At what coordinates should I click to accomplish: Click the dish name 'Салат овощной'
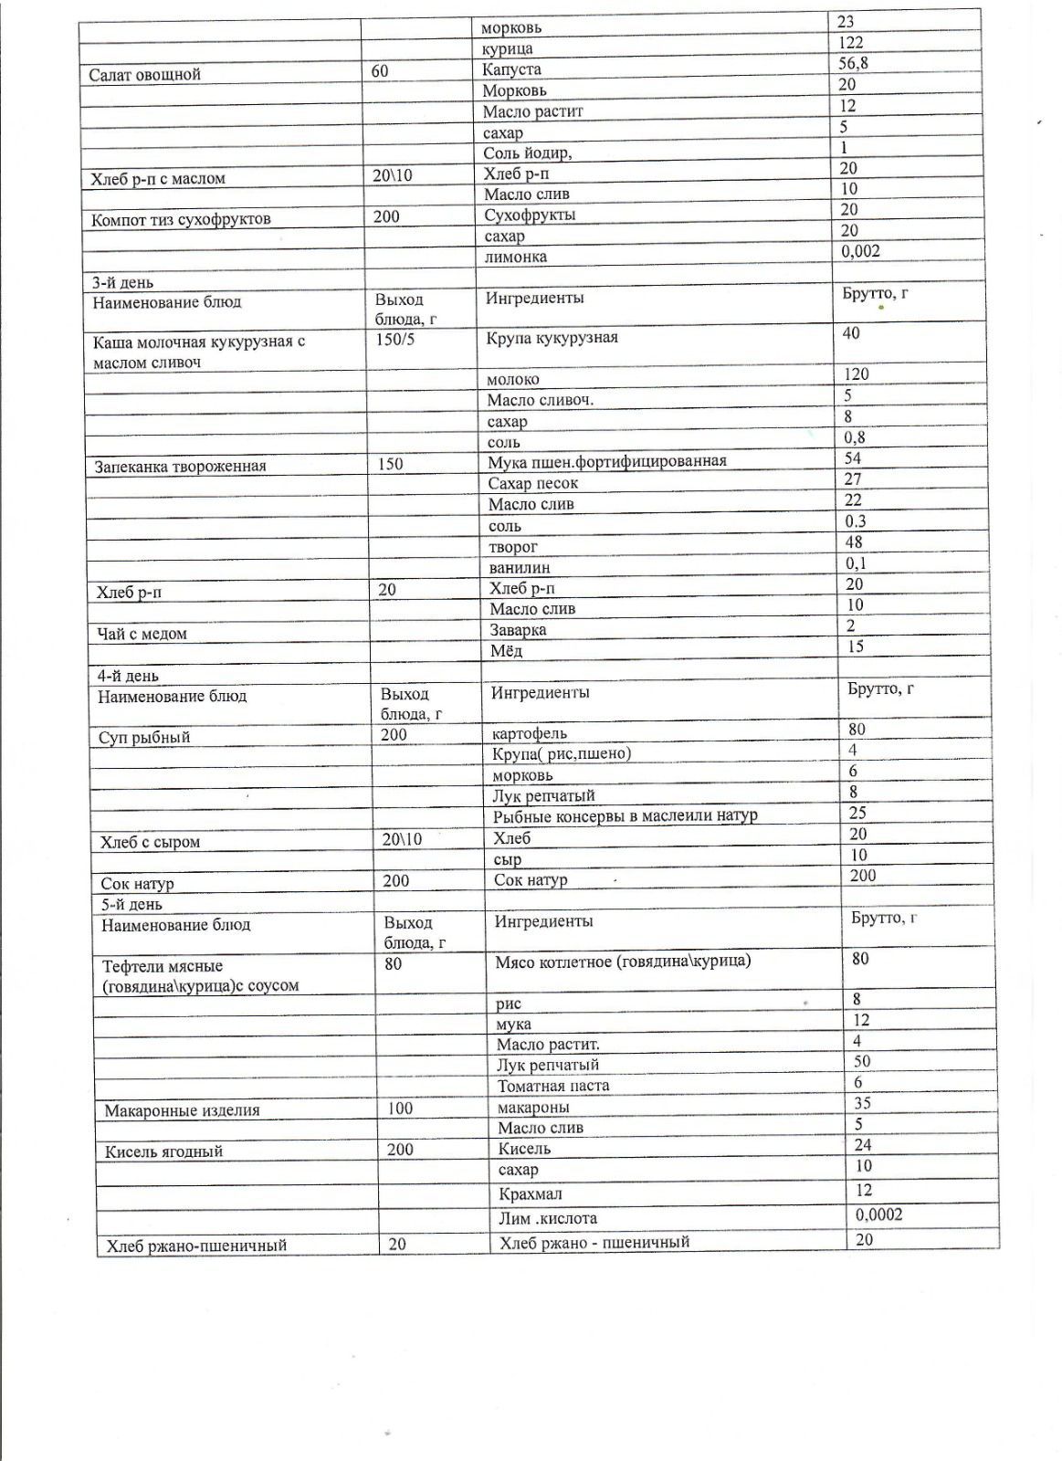click(144, 75)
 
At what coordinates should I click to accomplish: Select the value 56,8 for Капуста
click(855, 63)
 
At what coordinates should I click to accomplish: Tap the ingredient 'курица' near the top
click(507, 49)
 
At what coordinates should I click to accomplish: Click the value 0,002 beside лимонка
click(860, 251)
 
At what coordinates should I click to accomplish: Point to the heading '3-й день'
click(122, 283)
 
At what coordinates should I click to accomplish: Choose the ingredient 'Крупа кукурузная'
click(552, 338)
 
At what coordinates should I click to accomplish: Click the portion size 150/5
click(395, 340)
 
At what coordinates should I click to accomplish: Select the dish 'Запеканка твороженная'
click(180, 467)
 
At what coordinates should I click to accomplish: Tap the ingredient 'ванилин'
click(519, 567)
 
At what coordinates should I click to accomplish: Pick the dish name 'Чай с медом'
click(142, 634)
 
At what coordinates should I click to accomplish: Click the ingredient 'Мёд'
click(506, 651)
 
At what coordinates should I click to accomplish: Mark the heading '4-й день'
click(128, 677)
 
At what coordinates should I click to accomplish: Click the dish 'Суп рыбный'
click(144, 738)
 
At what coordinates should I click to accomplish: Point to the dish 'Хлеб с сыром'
click(150, 842)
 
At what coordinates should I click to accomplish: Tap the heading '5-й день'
click(131, 905)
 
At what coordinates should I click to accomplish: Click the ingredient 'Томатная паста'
click(552, 1086)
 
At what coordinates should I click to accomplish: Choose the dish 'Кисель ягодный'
click(163, 1151)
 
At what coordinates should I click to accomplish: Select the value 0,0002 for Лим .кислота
click(878, 1214)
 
